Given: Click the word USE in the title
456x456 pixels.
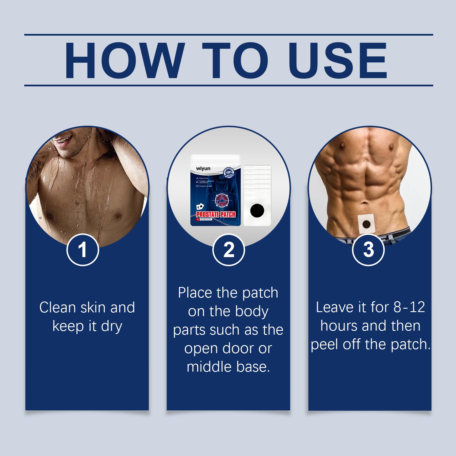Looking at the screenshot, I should tap(337, 60).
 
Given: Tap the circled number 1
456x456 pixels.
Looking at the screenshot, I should tap(83, 250).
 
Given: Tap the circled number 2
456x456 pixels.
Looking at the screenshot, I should tap(229, 250).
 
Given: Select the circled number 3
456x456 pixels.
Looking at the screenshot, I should tap(368, 250).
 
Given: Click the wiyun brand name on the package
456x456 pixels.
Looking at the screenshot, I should tap(203, 169).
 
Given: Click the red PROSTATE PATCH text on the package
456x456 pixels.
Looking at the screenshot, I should tap(216, 214).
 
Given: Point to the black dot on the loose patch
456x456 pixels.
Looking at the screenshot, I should tap(257, 211).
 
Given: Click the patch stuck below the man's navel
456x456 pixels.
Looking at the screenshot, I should tap(366, 224).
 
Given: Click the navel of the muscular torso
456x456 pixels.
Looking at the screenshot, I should tap(365, 203).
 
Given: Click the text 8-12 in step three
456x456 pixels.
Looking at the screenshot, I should tap(409, 308).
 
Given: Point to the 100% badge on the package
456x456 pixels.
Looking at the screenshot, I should tap(229, 172).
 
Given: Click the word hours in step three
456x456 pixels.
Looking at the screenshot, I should tap(339, 326).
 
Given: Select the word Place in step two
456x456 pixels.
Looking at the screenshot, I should tap(195, 293).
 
